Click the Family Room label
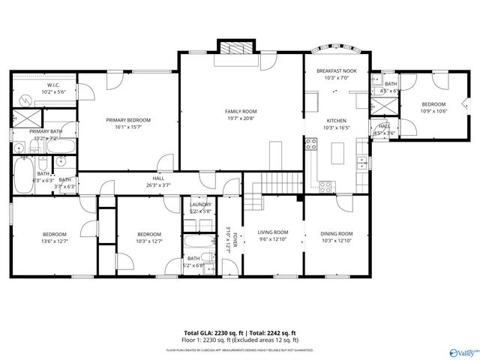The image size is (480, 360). (241, 111)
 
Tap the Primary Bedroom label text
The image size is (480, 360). (128, 120)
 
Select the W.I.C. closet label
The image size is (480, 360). (53, 85)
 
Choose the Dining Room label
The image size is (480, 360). (336, 232)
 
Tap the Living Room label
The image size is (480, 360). (273, 232)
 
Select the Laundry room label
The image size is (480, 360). (200, 204)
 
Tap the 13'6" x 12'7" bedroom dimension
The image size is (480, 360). (54, 241)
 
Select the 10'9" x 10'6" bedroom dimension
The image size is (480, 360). (433, 111)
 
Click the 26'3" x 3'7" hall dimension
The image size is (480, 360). (158, 185)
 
